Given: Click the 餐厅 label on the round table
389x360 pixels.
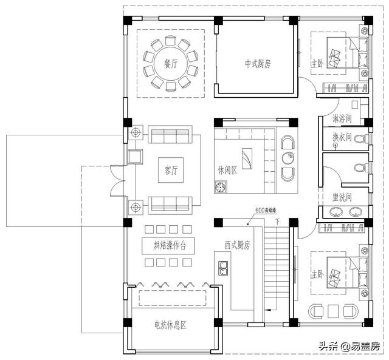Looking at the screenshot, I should [x=170, y=64].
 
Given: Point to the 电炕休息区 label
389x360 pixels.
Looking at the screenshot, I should [x=170, y=325].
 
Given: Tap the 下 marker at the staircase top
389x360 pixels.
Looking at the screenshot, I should [x=277, y=222].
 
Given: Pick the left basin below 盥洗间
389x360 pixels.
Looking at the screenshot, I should [x=335, y=212].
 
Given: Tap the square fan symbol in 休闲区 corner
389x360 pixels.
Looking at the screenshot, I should [x=219, y=189].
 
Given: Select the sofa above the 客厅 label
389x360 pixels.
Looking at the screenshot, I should [x=170, y=135].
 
